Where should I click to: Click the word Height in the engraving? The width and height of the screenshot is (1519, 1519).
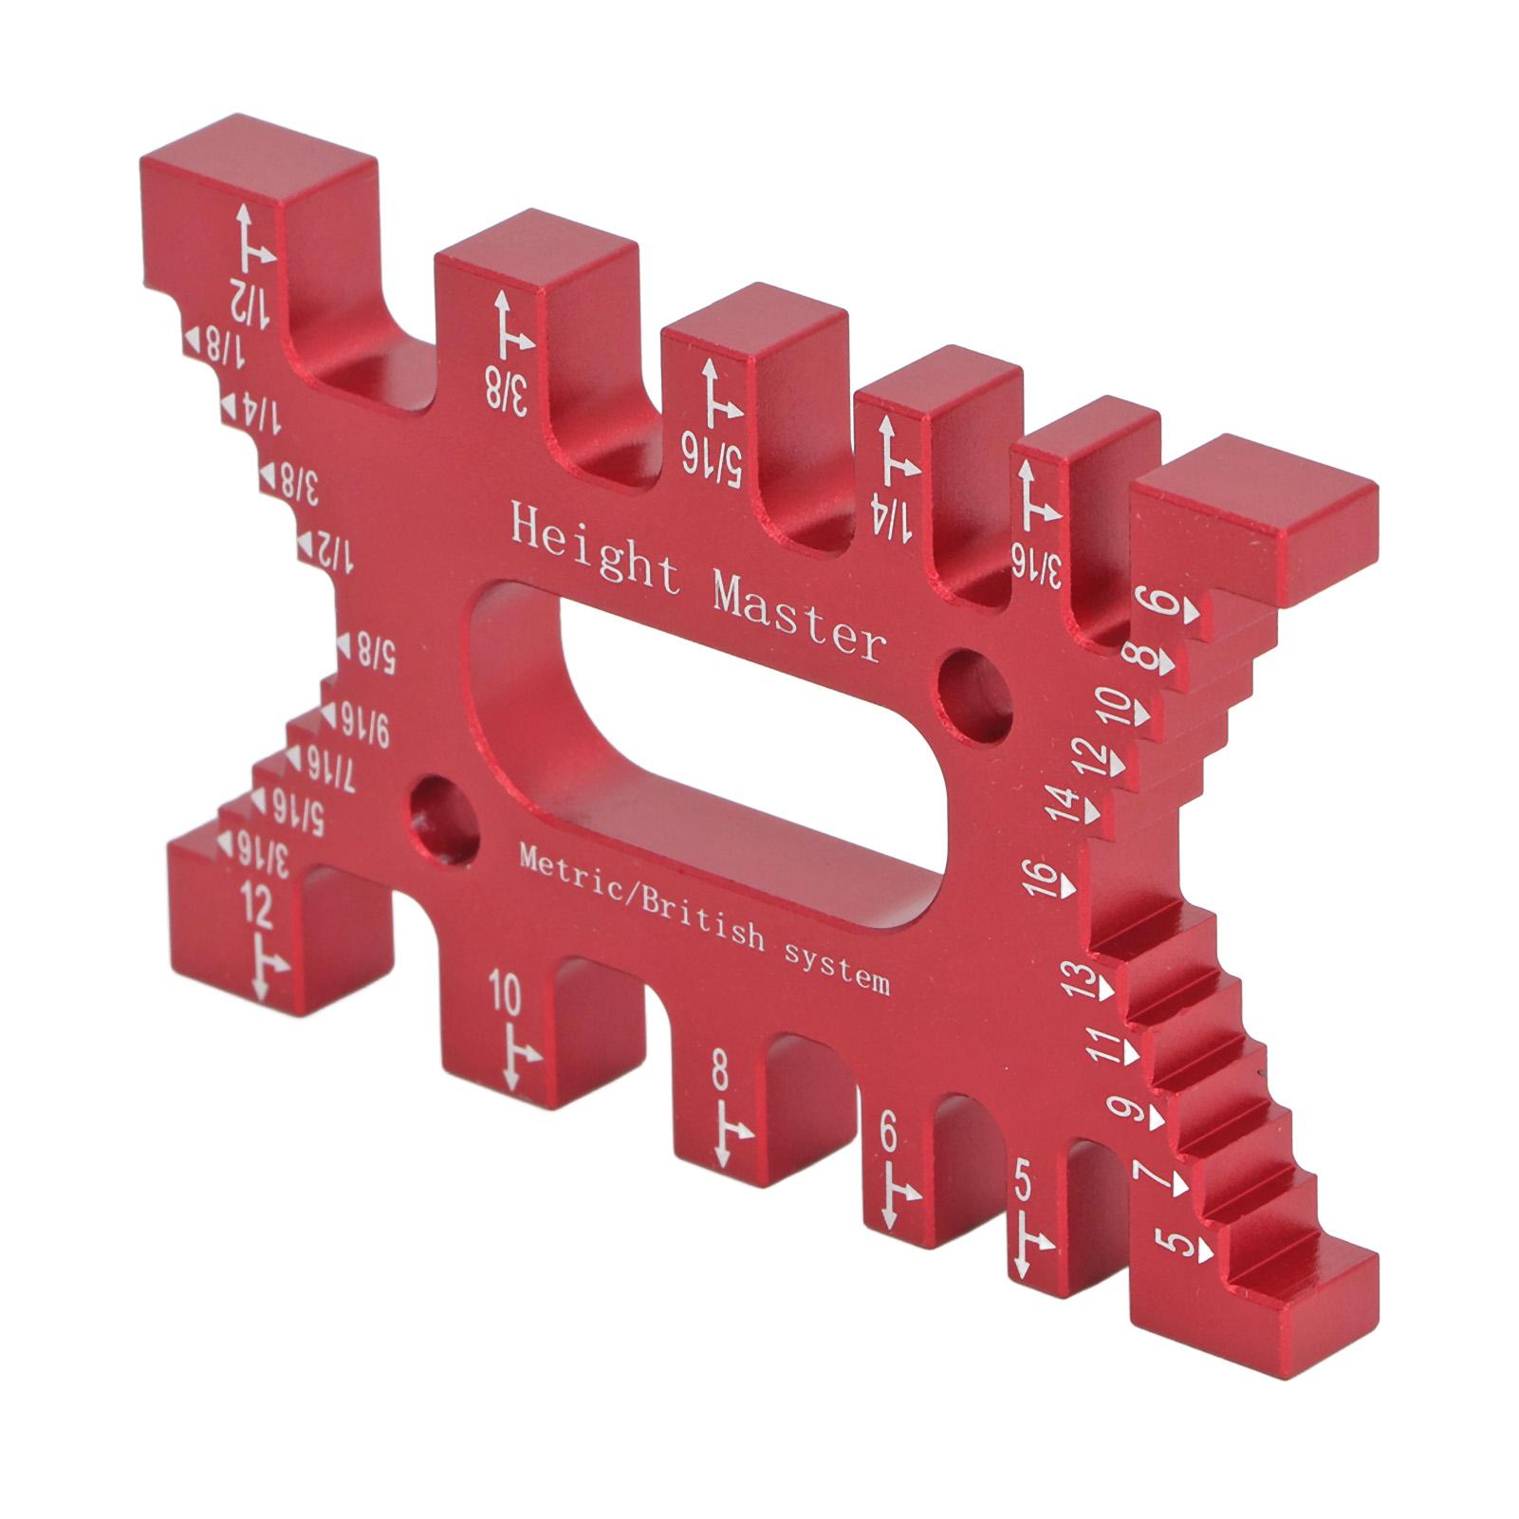coord(596,549)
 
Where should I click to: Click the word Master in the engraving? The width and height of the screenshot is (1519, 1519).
coord(799,618)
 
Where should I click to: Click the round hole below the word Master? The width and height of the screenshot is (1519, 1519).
coord(975,694)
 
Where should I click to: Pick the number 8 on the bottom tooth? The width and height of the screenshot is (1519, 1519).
coord(720,1075)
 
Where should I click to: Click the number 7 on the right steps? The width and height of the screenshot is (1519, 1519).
coord(1151,1177)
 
